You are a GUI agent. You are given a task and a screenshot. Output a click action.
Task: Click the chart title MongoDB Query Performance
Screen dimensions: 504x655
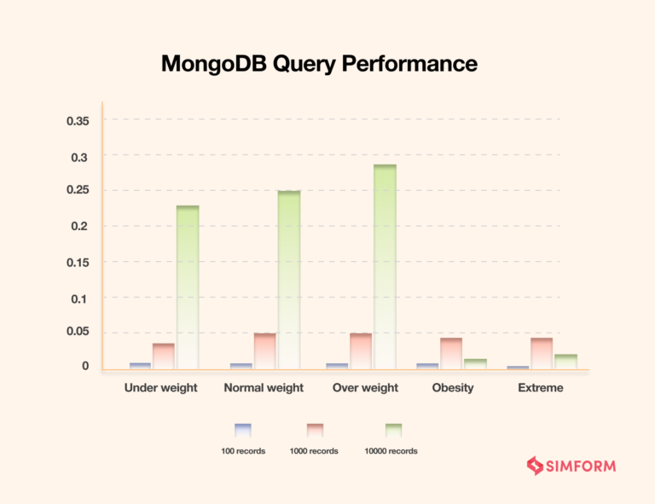pyautogui.click(x=319, y=64)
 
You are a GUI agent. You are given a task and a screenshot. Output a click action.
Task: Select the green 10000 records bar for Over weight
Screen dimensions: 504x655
pyautogui.click(x=385, y=266)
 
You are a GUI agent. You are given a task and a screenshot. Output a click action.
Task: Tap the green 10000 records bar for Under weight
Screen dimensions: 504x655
pyautogui.click(x=188, y=287)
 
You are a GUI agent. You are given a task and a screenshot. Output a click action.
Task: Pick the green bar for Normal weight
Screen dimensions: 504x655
pyautogui.click(x=289, y=280)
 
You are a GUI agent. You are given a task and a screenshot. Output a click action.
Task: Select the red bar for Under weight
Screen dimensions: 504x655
pyautogui.click(x=164, y=356)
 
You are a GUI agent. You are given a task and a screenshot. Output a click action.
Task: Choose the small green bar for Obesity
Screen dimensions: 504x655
pyautogui.click(x=475, y=364)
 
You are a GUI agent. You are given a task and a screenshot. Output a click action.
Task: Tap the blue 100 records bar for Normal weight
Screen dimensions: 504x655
pyautogui.click(x=241, y=366)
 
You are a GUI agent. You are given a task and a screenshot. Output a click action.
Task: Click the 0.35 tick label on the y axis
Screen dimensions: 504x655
pyautogui.click(x=78, y=120)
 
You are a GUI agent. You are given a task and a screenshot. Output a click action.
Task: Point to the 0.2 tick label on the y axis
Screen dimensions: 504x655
pyautogui.click(x=80, y=226)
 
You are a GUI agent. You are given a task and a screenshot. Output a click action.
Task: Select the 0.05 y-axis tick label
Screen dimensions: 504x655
pyautogui.click(x=78, y=332)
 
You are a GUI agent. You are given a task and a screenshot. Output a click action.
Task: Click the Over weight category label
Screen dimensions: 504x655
pyautogui.click(x=365, y=388)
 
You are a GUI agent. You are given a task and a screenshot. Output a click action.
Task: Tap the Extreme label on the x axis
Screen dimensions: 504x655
pyautogui.click(x=541, y=388)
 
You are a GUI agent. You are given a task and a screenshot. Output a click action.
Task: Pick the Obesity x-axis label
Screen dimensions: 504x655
pyautogui.click(x=452, y=388)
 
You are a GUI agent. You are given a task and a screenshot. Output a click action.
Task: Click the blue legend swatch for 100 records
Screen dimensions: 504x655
pyautogui.click(x=243, y=430)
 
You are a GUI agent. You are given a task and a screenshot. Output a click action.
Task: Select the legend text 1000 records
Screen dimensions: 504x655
pyautogui.click(x=316, y=451)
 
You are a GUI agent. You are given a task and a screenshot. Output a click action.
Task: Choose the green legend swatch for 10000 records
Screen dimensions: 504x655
pyautogui.click(x=393, y=430)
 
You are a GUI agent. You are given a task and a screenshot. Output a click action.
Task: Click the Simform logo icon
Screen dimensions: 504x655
pyautogui.click(x=535, y=466)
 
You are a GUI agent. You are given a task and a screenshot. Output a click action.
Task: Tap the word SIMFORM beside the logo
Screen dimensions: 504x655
pyautogui.click(x=581, y=466)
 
